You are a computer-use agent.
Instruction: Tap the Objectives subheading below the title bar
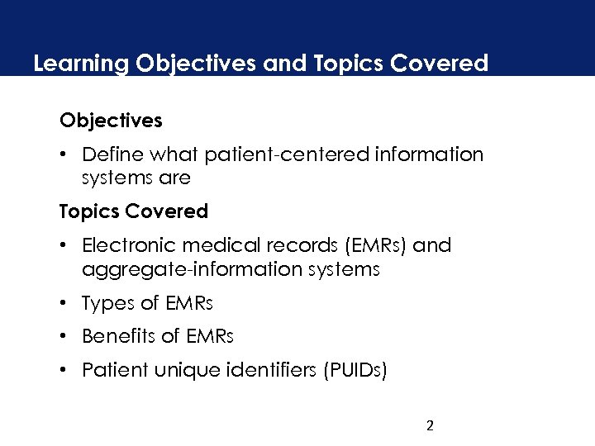coord(111,121)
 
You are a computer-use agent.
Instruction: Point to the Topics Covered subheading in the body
coord(133,211)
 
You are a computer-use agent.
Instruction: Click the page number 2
coord(429,426)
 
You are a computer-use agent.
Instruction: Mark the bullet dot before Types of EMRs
coord(64,303)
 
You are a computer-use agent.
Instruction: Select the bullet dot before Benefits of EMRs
coord(64,336)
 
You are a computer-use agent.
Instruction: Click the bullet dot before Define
coord(64,154)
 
